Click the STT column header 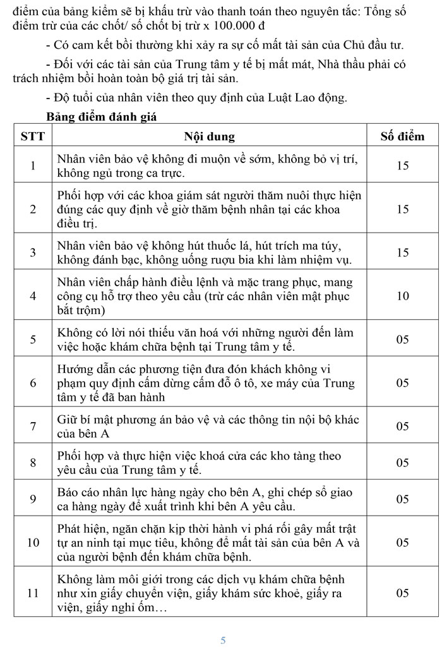[x=33, y=136]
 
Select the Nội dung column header [x=209, y=136]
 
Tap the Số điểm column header [x=402, y=136]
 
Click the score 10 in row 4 [x=402, y=296]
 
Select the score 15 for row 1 [x=402, y=166]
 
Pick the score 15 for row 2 [x=402, y=209]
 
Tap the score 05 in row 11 [x=402, y=593]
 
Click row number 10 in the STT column [x=33, y=542]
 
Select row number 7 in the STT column [x=33, y=427]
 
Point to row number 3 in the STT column [x=33, y=253]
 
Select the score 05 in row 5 [x=402, y=339]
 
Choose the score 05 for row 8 [x=402, y=463]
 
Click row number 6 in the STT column [x=33, y=383]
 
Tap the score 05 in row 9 [x=402, y=499]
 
